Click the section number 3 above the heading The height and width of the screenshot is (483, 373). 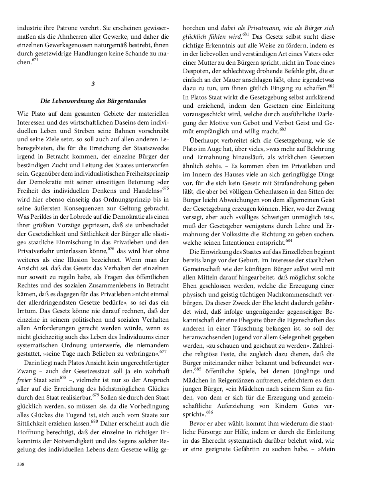coord(93,84)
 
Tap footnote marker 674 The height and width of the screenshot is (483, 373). coord(35,60)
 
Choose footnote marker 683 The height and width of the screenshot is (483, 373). coord(283,128)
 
